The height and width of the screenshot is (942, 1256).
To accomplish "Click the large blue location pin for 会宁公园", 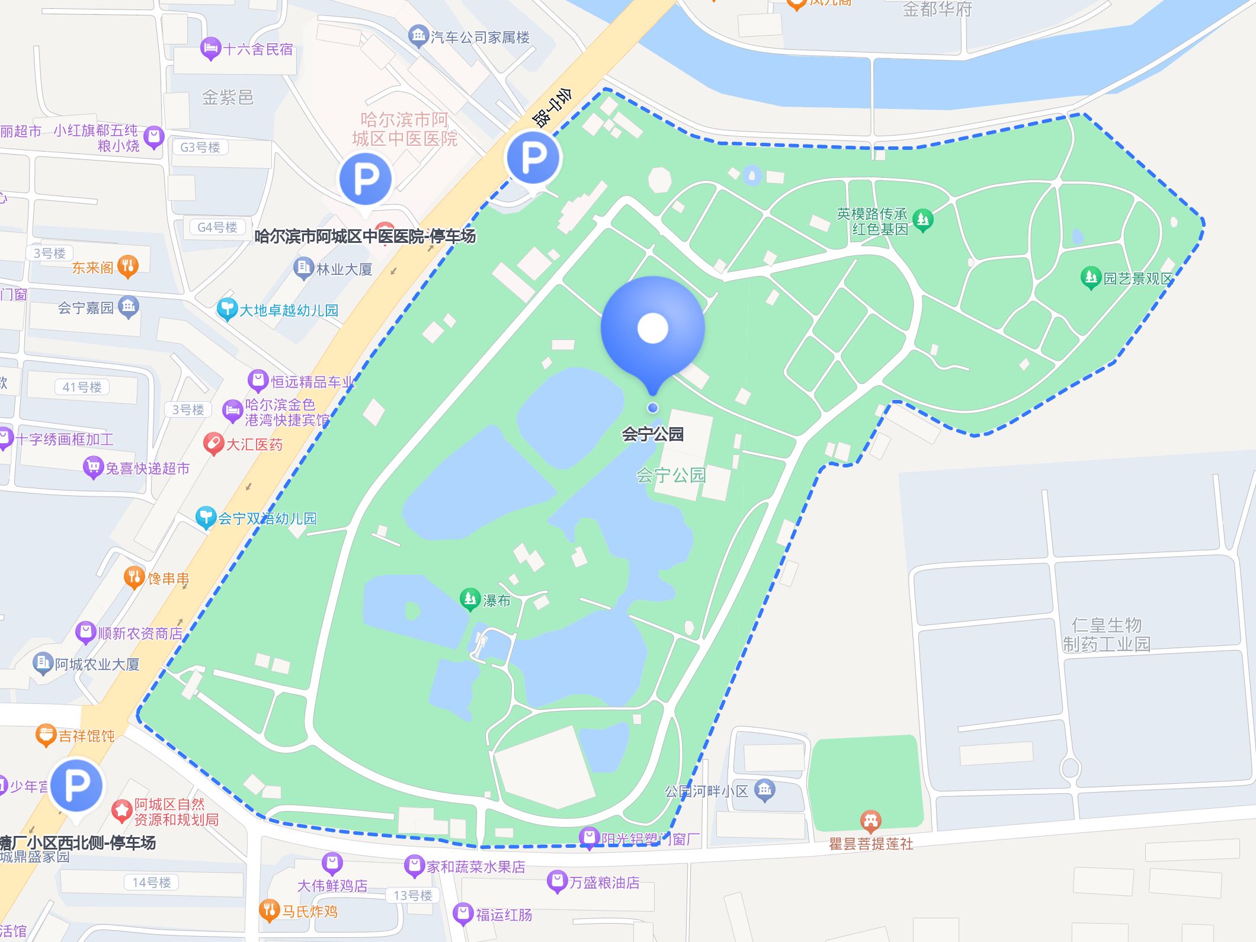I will point(652,329).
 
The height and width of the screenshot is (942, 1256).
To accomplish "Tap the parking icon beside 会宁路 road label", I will point(533,158).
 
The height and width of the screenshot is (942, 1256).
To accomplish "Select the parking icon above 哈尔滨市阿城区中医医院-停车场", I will point(366,178).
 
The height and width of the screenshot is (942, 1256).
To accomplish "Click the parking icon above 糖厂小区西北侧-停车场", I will point(76,786).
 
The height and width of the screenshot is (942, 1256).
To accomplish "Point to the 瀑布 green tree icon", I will point(470,599).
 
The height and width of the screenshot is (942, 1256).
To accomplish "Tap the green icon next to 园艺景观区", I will point(1090,277).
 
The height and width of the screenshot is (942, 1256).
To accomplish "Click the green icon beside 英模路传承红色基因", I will point(922,220).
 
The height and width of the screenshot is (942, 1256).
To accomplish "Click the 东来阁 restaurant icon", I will point(128,267).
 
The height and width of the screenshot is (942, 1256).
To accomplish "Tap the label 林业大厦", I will point(344,270).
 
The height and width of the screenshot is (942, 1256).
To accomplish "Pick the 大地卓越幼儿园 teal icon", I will point(226,309).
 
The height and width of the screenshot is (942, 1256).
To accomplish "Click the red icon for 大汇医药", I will point(213,444).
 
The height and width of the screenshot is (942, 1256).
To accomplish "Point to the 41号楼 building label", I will point(82,387).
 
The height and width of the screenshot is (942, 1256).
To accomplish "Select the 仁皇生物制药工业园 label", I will point(1106,634).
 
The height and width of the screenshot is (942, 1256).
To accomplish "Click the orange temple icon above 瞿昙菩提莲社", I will point(870,821).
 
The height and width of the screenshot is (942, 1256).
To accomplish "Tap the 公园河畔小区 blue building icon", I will point(764,790).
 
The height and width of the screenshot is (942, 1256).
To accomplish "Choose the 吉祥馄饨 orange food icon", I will point(46,735).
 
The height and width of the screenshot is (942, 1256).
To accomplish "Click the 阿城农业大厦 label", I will point(97,664).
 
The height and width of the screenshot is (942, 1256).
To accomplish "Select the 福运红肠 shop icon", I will point(462,914).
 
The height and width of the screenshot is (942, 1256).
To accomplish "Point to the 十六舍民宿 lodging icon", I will point(210,49).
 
